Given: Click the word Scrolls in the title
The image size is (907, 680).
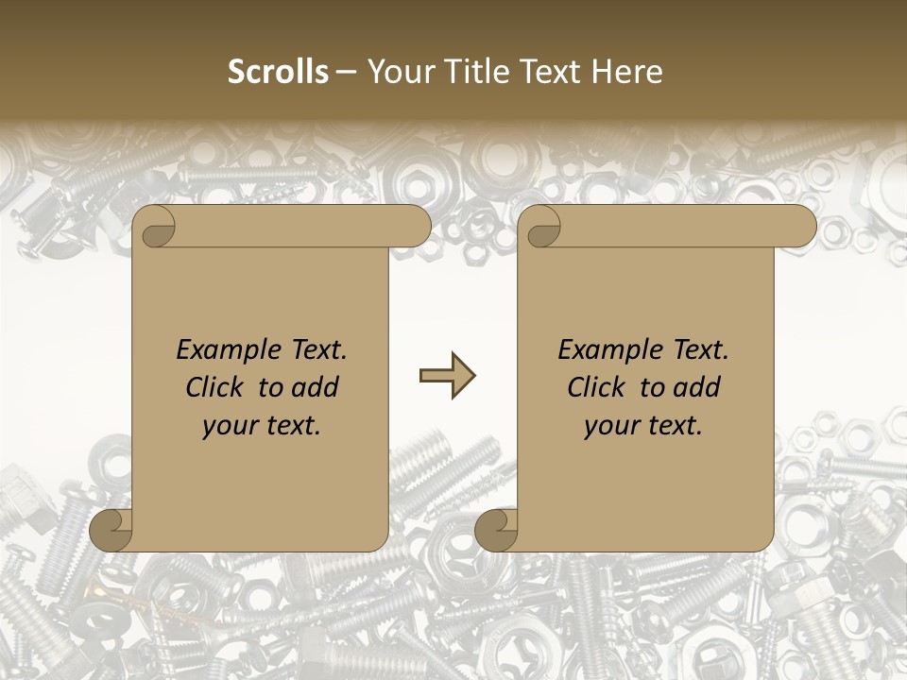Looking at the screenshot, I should point(279,72).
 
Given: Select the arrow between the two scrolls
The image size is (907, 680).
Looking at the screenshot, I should point(447,376).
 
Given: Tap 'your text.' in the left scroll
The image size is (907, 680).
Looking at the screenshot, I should point(262,425).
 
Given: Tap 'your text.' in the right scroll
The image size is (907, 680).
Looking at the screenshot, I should point(643,425).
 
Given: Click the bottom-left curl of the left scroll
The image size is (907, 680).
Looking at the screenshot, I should point(111,530).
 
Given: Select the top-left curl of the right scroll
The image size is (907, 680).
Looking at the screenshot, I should point(541,228).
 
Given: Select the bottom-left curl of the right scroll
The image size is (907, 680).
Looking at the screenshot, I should point(497,530).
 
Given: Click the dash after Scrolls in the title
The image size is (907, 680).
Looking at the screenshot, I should point(347,72).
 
